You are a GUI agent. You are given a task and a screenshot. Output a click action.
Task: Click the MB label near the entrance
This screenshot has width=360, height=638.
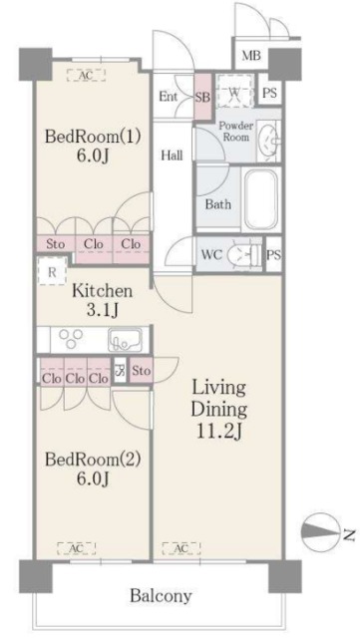pos(251,55)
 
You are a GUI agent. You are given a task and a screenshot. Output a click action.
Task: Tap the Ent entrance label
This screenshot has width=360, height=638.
pos(169,96)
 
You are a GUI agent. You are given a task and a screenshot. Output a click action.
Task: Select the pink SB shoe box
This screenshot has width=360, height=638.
pos(201,97)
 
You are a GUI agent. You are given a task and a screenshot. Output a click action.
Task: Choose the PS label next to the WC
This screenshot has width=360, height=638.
pos(273,255)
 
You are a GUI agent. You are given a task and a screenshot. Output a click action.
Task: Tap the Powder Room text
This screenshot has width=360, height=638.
pos(237,132)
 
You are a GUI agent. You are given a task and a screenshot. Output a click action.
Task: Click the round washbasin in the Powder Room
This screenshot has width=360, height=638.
pos(266,142)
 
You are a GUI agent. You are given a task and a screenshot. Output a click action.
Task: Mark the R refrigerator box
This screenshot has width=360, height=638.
pos(48,271)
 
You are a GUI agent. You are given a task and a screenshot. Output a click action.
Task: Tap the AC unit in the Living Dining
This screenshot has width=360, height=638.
pos(182,548)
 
